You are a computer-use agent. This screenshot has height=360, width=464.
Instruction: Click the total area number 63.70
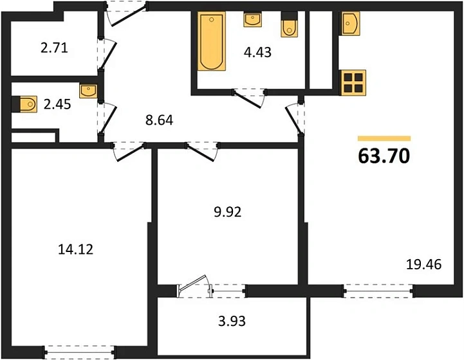[x=384, y=156]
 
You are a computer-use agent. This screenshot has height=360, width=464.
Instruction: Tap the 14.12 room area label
[x=76, y=249]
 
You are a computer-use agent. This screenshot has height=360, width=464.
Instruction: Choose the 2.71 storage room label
[x=53, y=48]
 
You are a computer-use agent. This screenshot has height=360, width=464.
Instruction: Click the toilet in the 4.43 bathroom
[x=289, y=26]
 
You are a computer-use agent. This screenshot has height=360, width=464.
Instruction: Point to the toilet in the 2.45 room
[x=27, y=102]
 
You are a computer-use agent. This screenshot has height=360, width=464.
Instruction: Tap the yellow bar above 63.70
[x=384, y=138]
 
